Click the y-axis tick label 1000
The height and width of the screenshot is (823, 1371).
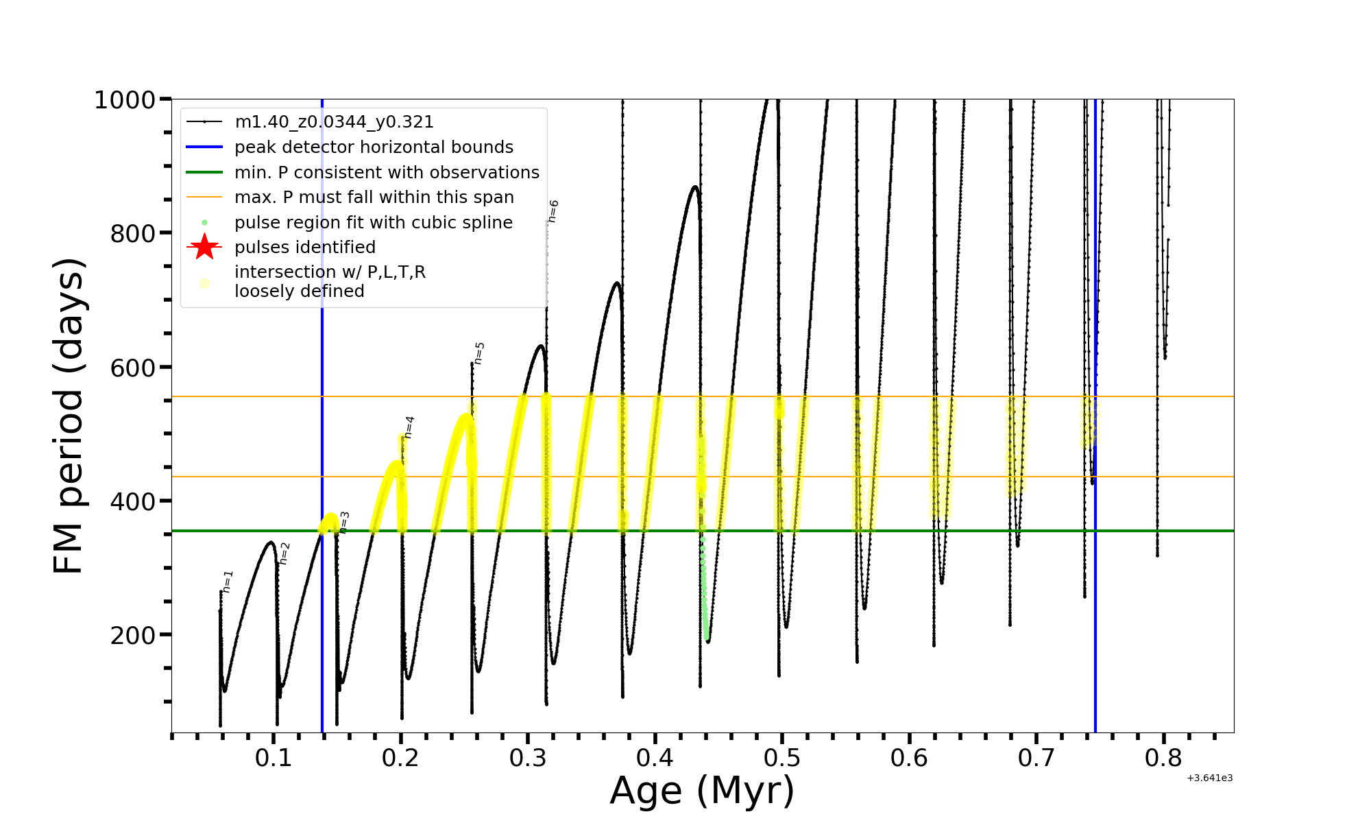tap(125, 100)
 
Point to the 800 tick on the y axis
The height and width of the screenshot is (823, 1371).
tap(132, 234)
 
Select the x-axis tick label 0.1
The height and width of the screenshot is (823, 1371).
tap(274, 758)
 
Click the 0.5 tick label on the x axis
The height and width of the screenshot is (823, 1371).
tap(782, 758)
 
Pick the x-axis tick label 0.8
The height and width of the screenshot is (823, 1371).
tap(1163, 758)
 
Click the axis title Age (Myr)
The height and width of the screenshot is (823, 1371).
tap(702, 791)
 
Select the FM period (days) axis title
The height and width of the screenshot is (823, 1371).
tap(69, 416)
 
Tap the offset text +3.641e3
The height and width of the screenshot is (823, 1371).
tap(1210, 778)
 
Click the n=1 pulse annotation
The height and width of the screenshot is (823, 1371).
tap(228, 581)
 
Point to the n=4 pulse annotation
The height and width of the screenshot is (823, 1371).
tap(409, 427)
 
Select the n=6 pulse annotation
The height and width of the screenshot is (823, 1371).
tap(553, 211)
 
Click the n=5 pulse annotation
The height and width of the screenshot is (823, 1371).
tap(479, 353)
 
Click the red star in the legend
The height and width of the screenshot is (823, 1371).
tap(204, 247)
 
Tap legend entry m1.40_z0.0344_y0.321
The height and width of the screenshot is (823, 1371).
tap(334, 122)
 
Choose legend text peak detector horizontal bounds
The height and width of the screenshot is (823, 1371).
tap(374, 147)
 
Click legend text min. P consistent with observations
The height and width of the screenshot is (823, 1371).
tap(387, 172)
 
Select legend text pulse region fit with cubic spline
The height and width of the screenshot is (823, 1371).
tap(374, 223)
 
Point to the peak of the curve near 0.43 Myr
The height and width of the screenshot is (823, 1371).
tap(695, 187)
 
